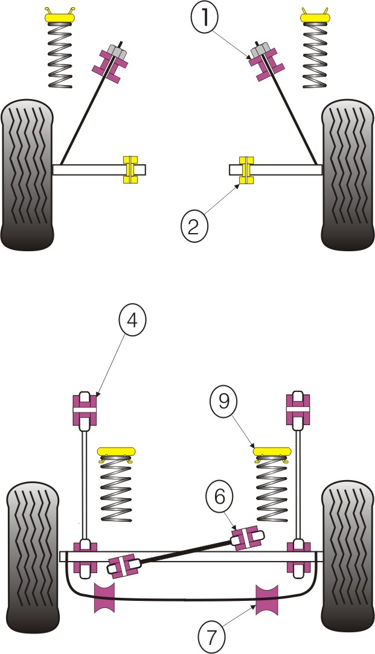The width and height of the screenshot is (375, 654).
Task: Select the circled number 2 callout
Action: pos(194,226)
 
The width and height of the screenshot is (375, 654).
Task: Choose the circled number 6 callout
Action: pos(219,497)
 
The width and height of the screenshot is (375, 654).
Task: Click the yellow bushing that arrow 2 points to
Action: pos(245,169)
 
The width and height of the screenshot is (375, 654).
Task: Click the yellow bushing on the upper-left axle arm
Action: pos(130,169)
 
